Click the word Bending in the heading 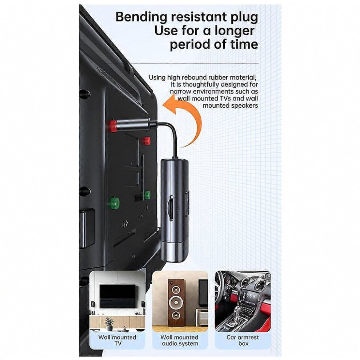point(141,18)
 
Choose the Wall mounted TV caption point(117,340)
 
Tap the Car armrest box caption point(243,340)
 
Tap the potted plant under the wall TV point(109,324)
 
